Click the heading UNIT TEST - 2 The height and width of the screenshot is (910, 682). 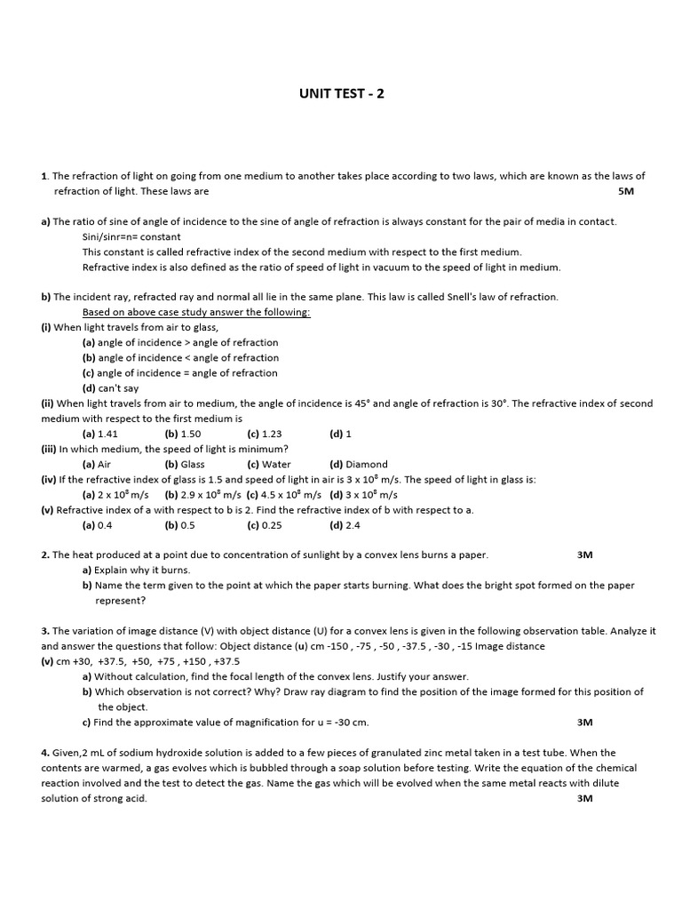tap(341, 93)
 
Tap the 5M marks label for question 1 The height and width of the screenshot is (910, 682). tap(626, 191)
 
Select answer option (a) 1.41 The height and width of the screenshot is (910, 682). tap(100, 434)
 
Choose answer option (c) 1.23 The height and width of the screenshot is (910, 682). tap(265, 434)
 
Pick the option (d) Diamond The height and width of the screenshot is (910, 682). tap(359, 464)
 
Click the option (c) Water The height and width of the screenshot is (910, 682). tap(269, 464)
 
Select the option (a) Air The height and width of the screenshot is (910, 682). tap(97, 464)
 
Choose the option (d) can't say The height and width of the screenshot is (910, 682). tap(111, 388)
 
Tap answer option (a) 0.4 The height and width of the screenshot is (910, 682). tap(98, 525)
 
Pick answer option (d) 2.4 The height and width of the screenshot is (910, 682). tap(345, 525)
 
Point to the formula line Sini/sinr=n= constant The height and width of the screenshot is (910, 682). tap(131, 237)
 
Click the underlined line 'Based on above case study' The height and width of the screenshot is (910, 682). tap(196, 312)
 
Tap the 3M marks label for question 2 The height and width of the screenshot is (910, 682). tap(584, 555)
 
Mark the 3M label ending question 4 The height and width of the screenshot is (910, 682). tap(584, 798)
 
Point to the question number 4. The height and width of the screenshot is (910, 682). tap(44, 753)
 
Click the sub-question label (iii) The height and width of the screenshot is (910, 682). tap(49, 449)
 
